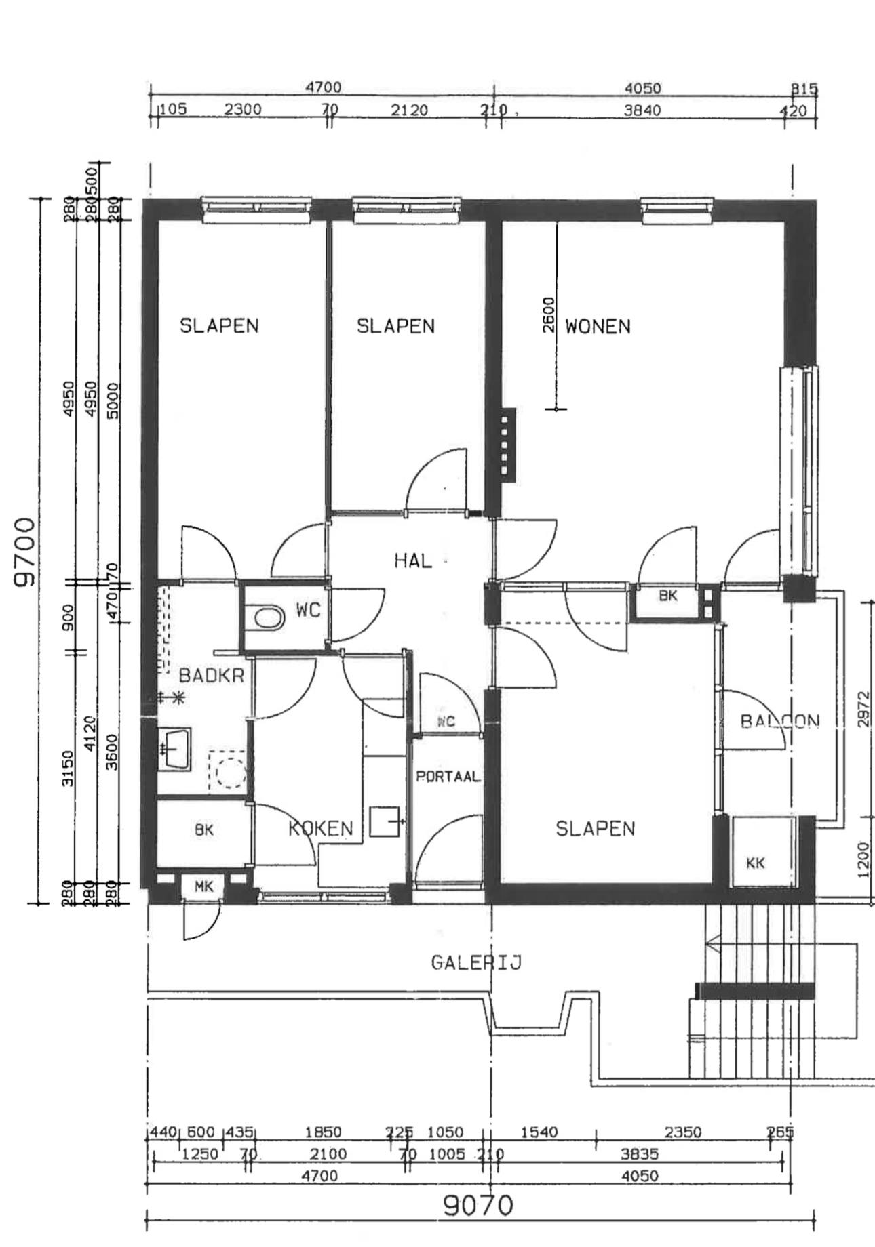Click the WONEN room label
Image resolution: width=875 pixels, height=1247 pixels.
(x=598, y=327)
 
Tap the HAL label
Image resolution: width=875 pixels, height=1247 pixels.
(x=412, y=560)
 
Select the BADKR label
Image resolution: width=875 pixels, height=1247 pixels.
(x=211, y=676)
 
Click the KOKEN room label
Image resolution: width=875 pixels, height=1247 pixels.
(x=321, y=828)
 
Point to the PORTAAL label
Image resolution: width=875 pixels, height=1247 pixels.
(x=448, y=777)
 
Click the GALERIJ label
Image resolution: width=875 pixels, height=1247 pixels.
(x=476, y=963)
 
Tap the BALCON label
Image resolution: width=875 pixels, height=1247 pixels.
(x=780, y=721)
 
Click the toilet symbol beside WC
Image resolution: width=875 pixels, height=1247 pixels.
(x=268, y=617)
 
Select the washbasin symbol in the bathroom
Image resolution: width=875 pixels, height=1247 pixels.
(x=175, y=748)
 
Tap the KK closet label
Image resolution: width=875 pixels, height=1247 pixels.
(x=755, y=863)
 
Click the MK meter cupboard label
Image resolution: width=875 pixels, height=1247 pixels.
(x=203, y=886)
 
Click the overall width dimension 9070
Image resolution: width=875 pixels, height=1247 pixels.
(x=478, y=1206)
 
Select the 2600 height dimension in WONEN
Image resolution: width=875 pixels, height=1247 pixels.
(x=549, y=314)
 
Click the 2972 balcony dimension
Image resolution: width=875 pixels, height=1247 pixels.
(x=863, y=709)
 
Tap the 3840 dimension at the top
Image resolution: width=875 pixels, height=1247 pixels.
(x=642, y=110)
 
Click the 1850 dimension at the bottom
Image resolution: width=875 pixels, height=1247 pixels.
(x=323, y=1132)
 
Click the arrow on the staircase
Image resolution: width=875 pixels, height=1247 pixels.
(x=714, y=942)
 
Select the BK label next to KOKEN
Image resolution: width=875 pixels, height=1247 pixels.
(x=203, y=830)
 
